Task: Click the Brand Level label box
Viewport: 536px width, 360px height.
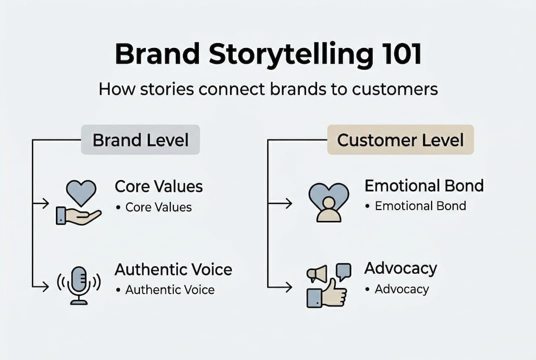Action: pyautogui.click(x=140, y=140)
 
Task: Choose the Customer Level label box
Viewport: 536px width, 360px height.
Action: pyautogui.click(x=400, y=140)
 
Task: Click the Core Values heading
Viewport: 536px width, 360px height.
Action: pyautogui.click(x=159, y=186)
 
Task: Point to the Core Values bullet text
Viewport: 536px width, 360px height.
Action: pyautogui.click(x=158, y=207)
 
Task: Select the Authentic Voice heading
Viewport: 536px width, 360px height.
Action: pyautogui.click(x=173, y=269)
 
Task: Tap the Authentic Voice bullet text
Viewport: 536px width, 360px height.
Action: pyautogui.click(x=170, y=289)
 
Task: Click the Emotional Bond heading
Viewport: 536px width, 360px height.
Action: pyautogui.click(x=424, y=185)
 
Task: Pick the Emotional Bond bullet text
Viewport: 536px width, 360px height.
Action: pyautogui.click(x=420, y=205)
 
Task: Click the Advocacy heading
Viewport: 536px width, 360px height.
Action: pyautogui.click(x=401, y=268)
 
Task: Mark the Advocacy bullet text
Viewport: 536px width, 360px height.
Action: pyautogui.click(x=402, y=289)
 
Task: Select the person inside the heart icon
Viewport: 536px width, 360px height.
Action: pyautogui.click(x=328, y=208)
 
